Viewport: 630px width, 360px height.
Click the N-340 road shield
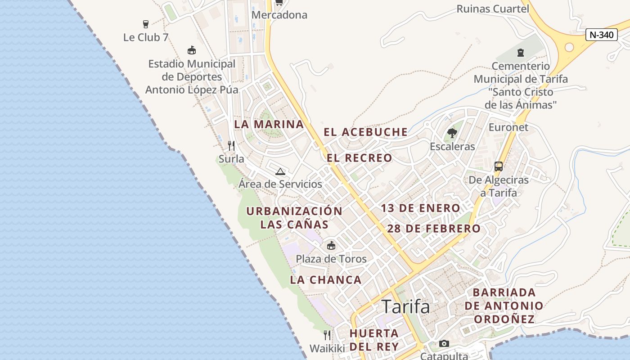tap(601, 35)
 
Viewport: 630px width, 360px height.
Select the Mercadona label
tap(279, 15)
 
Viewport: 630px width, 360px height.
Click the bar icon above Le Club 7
tap(145, 24)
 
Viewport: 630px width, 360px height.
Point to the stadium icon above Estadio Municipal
tap(192, 50)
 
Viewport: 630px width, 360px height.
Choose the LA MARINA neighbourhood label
tap(269, 124)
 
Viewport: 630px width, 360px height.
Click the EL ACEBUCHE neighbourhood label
tap(365, 132)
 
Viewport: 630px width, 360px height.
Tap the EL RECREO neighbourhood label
tap(359, 158)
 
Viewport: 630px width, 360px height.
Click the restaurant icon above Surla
tap(231, 145)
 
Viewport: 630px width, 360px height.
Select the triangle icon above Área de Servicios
tap(280, 171)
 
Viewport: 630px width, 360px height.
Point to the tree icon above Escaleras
tap(452, 133)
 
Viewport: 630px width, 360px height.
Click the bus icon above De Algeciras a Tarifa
tap(499, 166)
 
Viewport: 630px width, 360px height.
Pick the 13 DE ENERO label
tap(420, 208)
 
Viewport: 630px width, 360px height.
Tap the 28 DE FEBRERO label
tap(434, 229)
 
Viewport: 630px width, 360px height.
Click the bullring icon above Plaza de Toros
tap(331, 245)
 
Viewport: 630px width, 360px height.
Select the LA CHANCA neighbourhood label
tap(326, 279)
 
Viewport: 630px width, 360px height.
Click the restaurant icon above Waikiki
tap(327, 335)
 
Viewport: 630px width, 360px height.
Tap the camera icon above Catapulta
tap(444, 344)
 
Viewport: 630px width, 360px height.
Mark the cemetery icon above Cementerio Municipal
tap(521, 53)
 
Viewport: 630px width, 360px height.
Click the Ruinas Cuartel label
tap(493, 9)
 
